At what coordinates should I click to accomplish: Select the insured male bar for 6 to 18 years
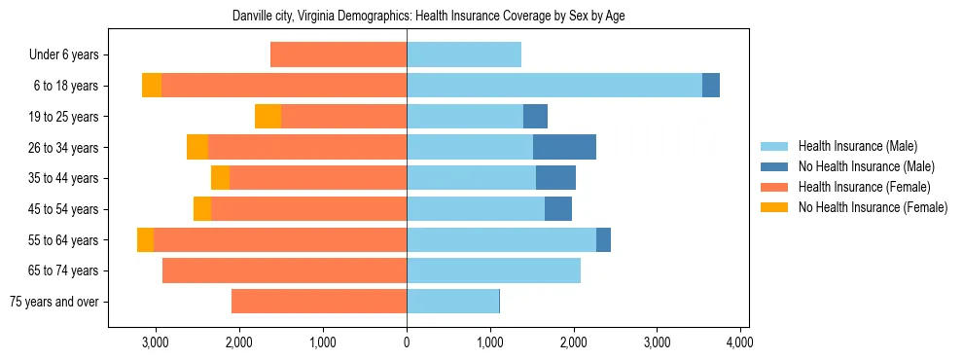click(554, 86)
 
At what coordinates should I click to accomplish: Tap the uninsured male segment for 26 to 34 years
click(564, 147)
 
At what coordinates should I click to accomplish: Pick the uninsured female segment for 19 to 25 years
click(267, 117)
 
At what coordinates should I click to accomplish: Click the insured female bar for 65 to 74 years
click(284, 270)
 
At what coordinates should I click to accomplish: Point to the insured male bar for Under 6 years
click(464, 55)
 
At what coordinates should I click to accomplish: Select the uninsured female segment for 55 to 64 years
click(145, 239)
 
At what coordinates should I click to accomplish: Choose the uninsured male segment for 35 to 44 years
click(555, 178)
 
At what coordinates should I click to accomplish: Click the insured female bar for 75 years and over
click(319, 302)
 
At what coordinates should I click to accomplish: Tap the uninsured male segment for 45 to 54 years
click(558, 209)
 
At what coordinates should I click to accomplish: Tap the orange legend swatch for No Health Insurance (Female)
click(775, 207)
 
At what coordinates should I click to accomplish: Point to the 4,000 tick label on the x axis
click(740, 342)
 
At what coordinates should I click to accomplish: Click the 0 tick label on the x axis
click(407, 342)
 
